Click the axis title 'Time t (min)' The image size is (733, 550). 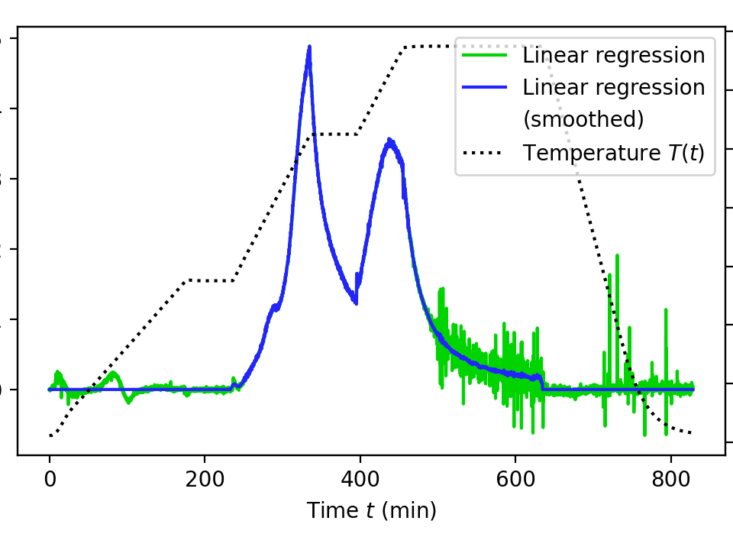tap(371, 510)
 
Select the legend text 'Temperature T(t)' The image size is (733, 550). tap(613, 153)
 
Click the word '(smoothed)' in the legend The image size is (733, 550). tap(583, 119)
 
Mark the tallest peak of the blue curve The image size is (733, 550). tap(309, 47)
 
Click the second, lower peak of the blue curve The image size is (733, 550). tap(389, 141)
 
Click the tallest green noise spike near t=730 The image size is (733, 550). tap(617, 256)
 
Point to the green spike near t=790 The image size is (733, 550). tap(666, 310)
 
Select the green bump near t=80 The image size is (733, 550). tap(113, 374)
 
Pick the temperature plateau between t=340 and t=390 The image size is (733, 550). tap(334, 134)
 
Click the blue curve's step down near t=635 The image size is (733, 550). tap(542, 382)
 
